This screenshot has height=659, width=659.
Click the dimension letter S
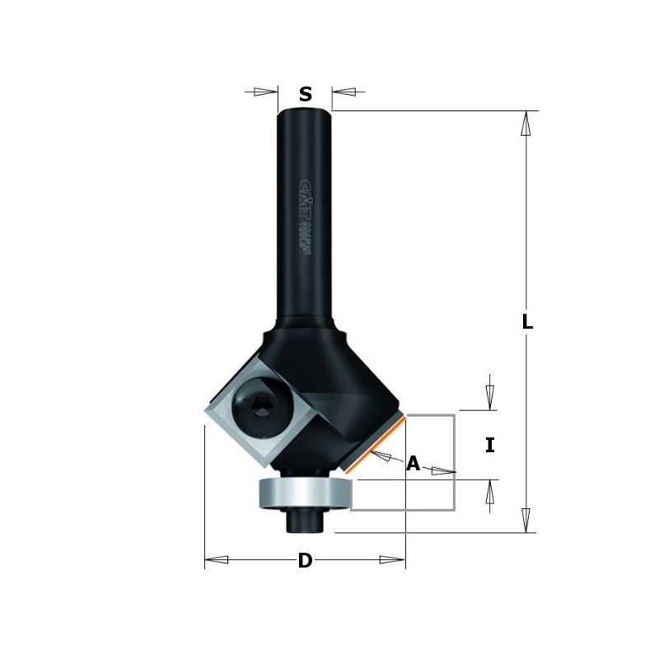(x=305, y=95)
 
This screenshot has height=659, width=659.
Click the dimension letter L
(x=527, y=323)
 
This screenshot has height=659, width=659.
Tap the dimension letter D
(x=305, y=561)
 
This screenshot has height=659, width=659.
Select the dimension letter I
(x=490, y=446)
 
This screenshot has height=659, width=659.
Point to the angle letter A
(x=413, y=464)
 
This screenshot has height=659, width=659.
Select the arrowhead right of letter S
(x=344, y=92)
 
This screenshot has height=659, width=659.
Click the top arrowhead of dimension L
(x=526, y=124)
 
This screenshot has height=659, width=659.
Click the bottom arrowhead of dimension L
(x=526, y=520)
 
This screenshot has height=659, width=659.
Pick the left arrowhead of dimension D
(x=217, y=560)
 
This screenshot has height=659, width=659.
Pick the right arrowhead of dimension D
(x=392, y=560)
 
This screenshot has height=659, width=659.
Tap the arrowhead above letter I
(x=490, y=397)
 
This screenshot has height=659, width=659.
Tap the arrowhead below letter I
(x=490, y=492)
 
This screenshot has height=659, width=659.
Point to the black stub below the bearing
(x=304, y=520)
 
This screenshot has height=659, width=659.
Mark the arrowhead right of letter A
(x=443, y=472)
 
